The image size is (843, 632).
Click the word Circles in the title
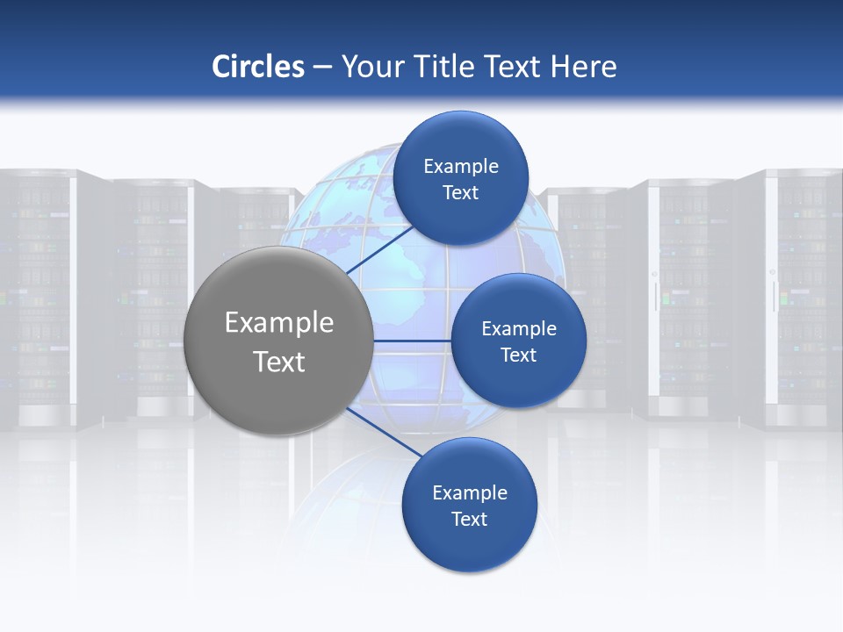pos(257,67)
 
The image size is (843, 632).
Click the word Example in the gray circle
pos(279,323)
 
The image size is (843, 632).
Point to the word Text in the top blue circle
pos(460,193)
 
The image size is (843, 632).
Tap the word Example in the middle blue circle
pos(518,329)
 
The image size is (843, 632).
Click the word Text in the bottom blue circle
pos(469,520)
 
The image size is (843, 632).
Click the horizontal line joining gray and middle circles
pos(411,341)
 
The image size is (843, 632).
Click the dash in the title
pos(321,68)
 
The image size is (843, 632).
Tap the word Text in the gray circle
pos(279,362)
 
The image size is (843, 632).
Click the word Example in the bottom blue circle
pos(469,493)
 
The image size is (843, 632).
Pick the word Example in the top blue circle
pos(460,167)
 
